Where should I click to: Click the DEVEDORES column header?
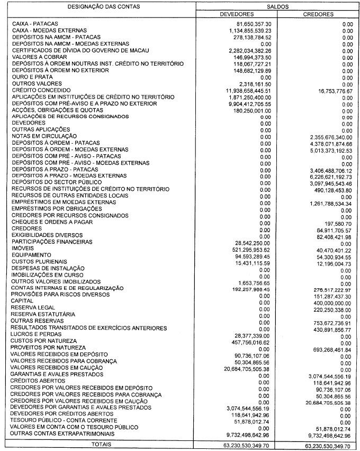(236, 14)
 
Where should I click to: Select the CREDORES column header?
(318, 14)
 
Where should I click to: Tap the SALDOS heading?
(277, 5)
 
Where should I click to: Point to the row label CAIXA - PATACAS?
(35, 24)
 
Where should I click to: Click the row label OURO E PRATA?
(31, 77)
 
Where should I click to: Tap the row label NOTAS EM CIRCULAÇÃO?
(43, 136)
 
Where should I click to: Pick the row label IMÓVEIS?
(22, 248)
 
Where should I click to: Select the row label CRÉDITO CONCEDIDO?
(39, 90)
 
